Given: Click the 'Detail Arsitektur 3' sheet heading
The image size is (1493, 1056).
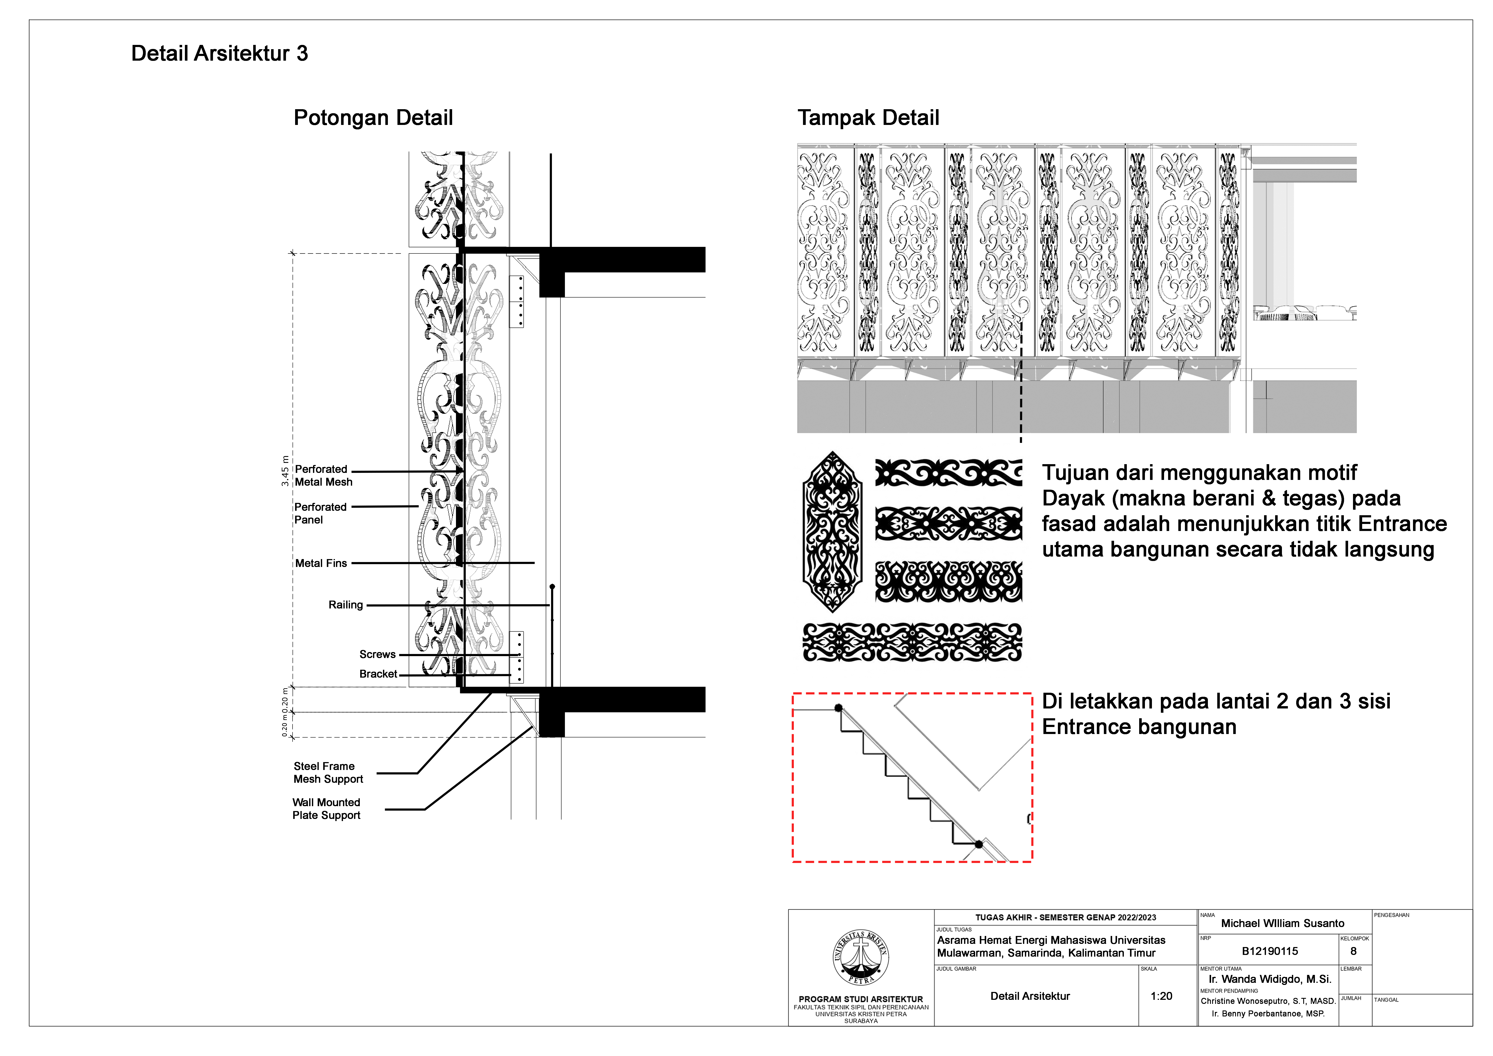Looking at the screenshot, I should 219,53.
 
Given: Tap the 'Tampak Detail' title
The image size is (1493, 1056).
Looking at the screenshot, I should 868,118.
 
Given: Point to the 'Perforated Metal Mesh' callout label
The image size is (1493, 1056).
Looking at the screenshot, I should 323,475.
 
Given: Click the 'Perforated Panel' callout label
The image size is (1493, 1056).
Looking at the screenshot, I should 320,513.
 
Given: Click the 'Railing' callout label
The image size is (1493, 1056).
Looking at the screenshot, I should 345,605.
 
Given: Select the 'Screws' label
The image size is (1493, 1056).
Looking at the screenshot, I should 377,654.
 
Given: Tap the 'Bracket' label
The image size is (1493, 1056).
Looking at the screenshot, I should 378,674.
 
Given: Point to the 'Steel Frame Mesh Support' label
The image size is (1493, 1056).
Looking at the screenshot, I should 328,773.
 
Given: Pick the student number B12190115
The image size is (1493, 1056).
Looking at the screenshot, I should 1269,951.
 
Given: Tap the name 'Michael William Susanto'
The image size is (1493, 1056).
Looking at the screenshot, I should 1282,923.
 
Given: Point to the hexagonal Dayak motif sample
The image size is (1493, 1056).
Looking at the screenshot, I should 832,532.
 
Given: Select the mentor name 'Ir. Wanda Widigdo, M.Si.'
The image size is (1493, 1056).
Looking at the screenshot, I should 1269,979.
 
